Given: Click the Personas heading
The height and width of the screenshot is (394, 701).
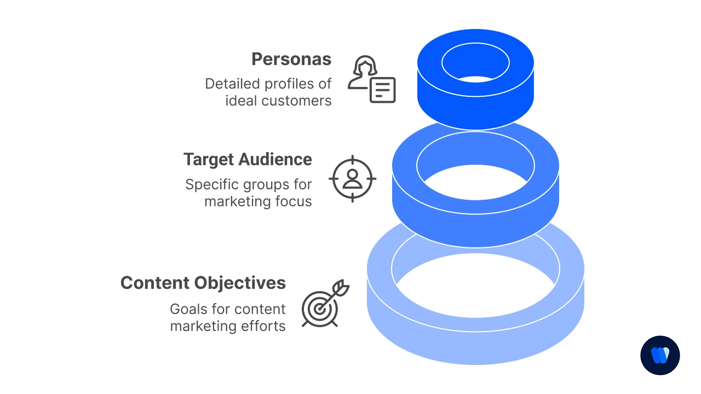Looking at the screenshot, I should pos(291,59).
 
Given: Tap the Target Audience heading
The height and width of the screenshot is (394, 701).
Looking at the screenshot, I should pos(248,159).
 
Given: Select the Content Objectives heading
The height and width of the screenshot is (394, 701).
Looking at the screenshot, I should pos(203,283).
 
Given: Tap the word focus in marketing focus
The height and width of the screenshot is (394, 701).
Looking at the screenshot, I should pos(293,201).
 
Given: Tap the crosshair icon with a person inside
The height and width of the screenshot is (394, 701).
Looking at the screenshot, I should pos(352,179).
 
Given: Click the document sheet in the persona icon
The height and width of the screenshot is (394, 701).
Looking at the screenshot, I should pos(382,90).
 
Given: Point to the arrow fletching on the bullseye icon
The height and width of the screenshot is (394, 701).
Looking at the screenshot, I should pos(342,287).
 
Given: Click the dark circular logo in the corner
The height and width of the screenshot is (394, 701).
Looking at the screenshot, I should pos(660,355).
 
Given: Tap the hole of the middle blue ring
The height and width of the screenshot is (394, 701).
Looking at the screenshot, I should pos(475,181).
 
